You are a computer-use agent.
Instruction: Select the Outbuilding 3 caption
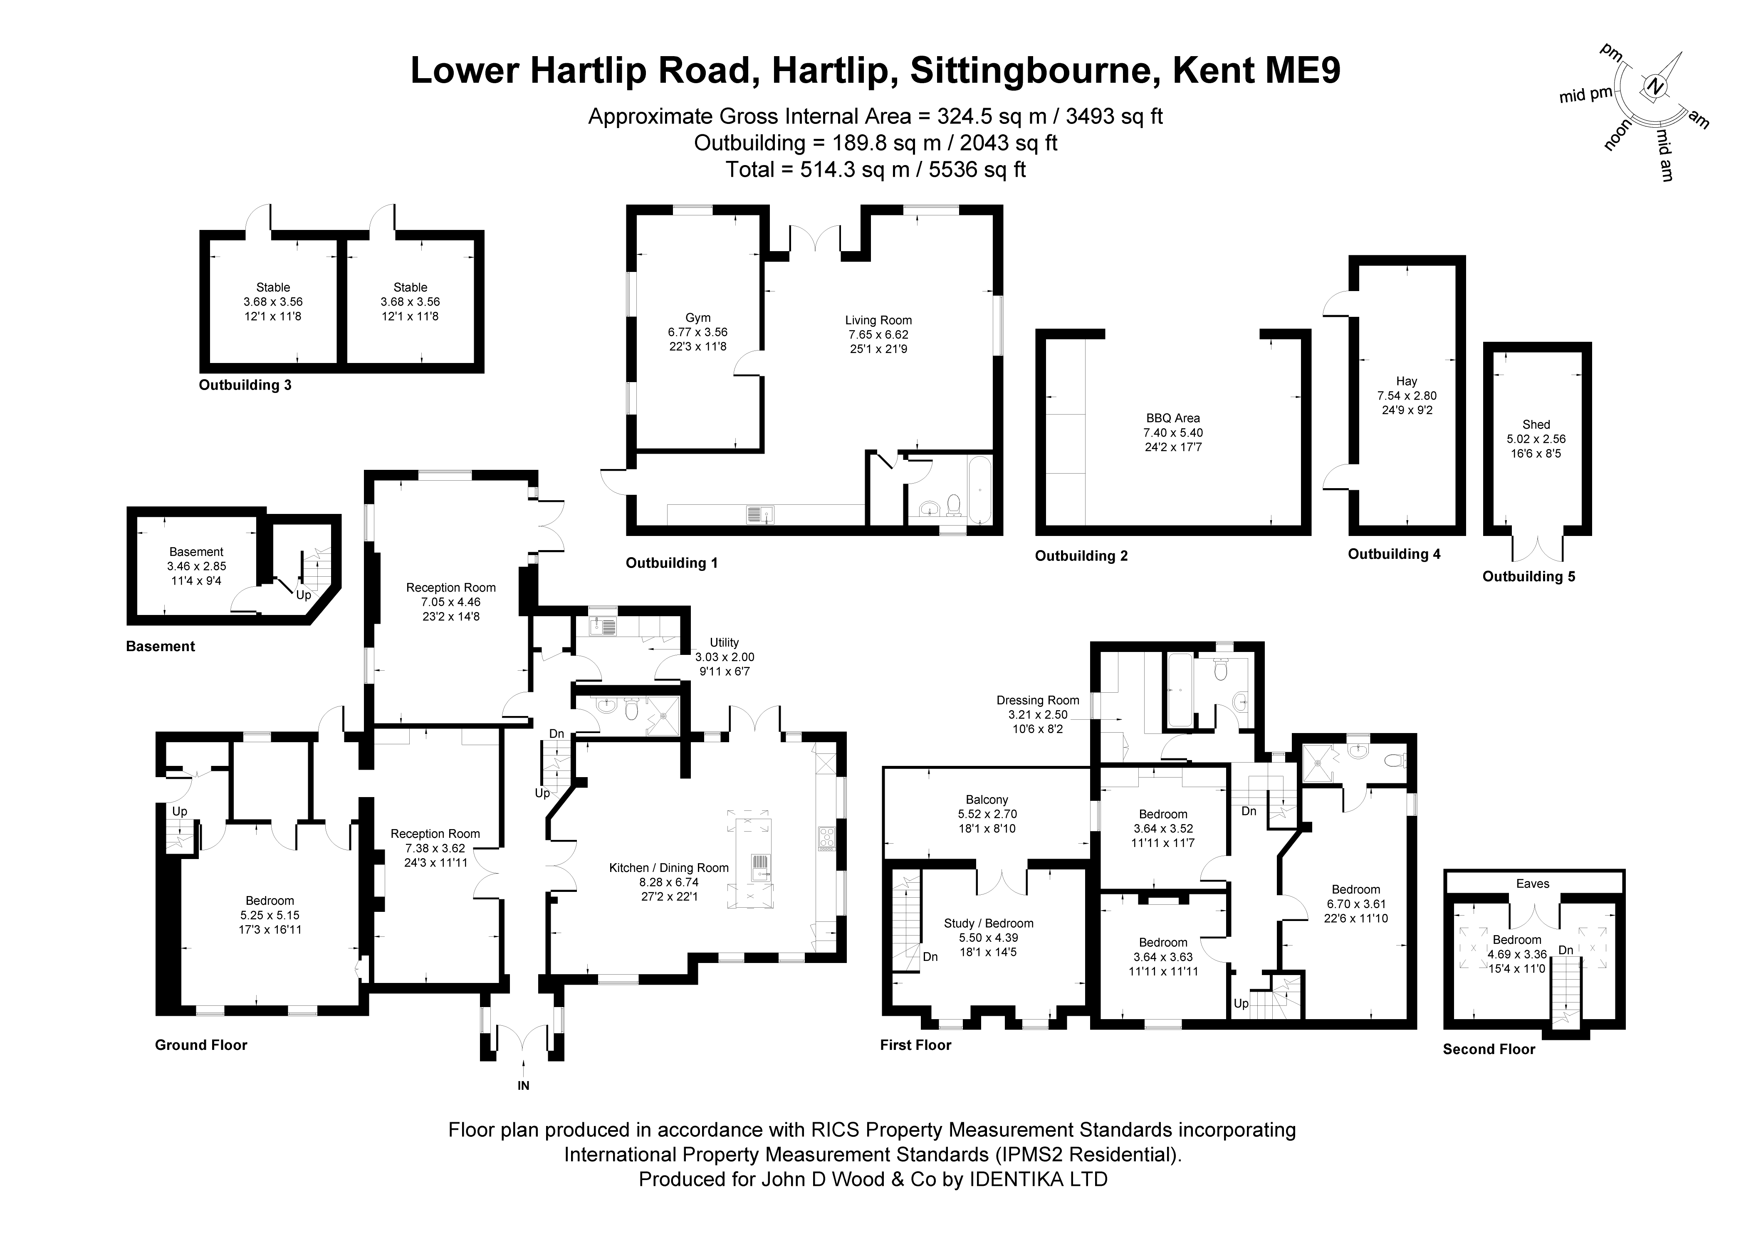245,385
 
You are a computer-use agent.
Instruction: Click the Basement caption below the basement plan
160,647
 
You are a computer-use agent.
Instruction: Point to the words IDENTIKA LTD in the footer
1038,1179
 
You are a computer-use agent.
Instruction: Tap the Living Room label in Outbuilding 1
878,320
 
